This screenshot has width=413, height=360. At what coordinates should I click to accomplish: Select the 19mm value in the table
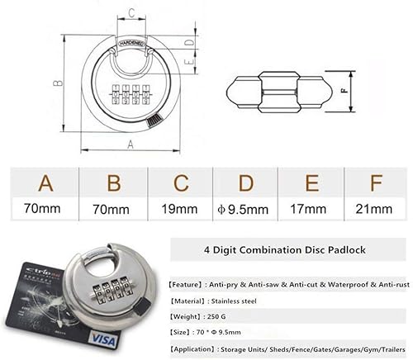(179, 209)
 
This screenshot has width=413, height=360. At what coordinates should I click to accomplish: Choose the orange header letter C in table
(180, 182)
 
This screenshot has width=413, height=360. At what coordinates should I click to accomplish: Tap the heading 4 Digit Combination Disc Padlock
(281, 248)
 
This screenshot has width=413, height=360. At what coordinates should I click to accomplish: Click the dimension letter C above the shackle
(132, 12)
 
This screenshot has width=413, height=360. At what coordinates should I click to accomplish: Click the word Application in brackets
(201, 350)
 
